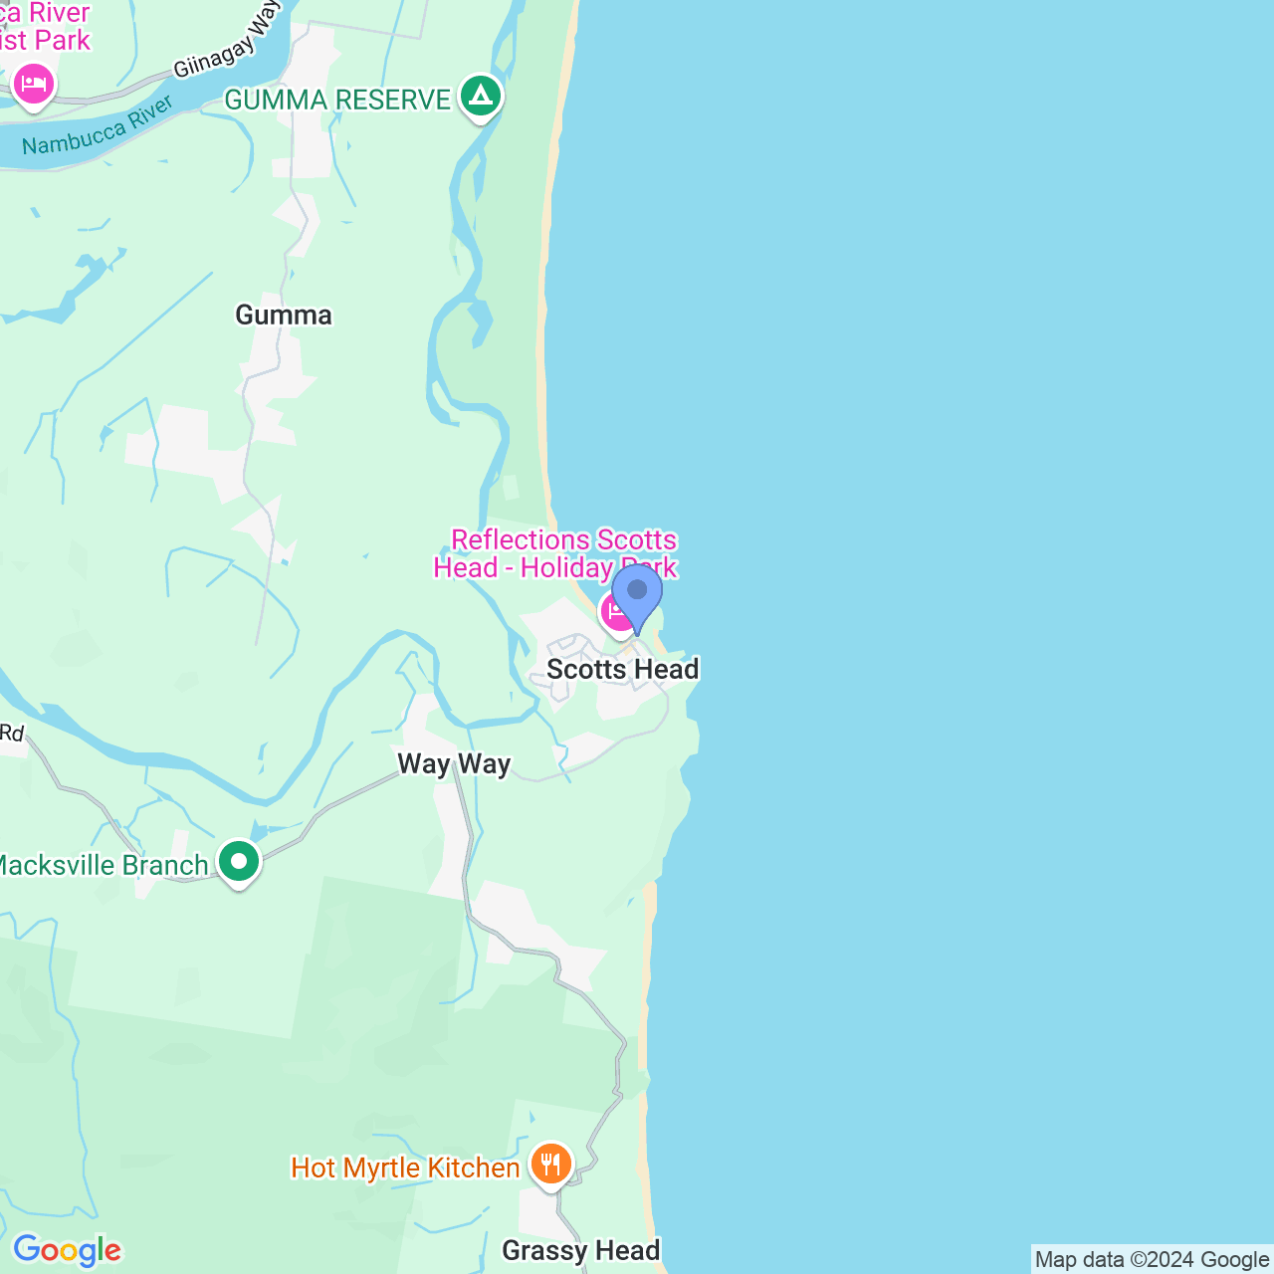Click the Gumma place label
(x=284, y=316)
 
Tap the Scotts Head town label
(x=622, y=669)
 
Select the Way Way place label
(x=454, y=764)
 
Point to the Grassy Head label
(x=580, y=1251)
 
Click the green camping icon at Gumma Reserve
(x=482, y=97)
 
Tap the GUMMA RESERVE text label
(x=337, y=100)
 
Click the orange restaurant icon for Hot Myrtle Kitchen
(x=550, y=1164)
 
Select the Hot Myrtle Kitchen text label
(x=405, y=1168)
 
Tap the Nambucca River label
(x=98, y=126)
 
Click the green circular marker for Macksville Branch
(x=239, y=861)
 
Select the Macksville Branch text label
(x=102, y=865)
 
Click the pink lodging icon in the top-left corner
(x=34, y=83)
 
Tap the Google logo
(x=67, y=1250)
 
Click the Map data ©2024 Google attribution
(x=1152, y=1259)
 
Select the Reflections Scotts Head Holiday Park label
(x=555, y=553)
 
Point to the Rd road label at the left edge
(x=12, y=734)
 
